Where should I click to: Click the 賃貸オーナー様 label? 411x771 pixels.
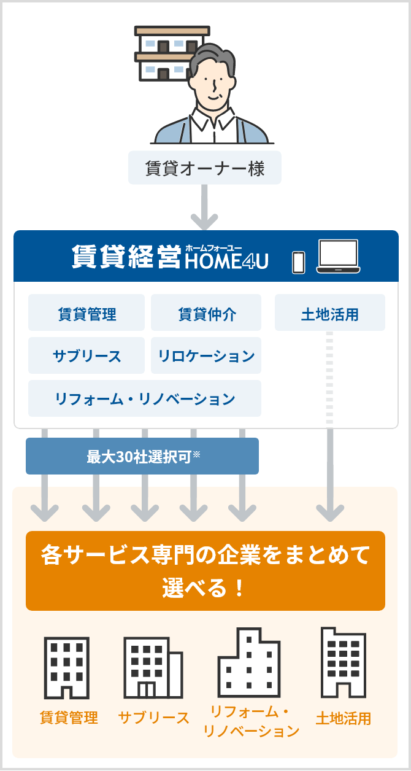point(205,168)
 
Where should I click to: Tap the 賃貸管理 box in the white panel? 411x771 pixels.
point(86,314)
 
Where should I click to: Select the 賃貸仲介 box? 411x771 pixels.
point(206,314)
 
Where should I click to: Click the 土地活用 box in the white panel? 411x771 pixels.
point(330,314)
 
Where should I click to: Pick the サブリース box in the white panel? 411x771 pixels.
point(86,356)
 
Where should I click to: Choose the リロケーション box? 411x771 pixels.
point(206,356)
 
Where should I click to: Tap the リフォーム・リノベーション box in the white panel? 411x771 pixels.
point(145,399)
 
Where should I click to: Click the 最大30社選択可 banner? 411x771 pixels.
point(142,457)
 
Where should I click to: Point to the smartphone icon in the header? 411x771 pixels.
point(298,261)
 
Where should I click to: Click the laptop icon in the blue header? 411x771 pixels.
point(337,256)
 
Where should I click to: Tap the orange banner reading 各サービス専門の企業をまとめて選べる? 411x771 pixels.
point(205,571)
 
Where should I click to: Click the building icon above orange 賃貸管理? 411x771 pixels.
point(67,668)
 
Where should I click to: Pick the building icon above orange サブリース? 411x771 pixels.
point(153,668)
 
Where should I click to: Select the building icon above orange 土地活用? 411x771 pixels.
point(343,663)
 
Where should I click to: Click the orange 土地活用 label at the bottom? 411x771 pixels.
point(343,718)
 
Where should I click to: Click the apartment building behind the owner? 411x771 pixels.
point(161,53)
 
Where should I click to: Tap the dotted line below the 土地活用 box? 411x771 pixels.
point(330,377)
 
